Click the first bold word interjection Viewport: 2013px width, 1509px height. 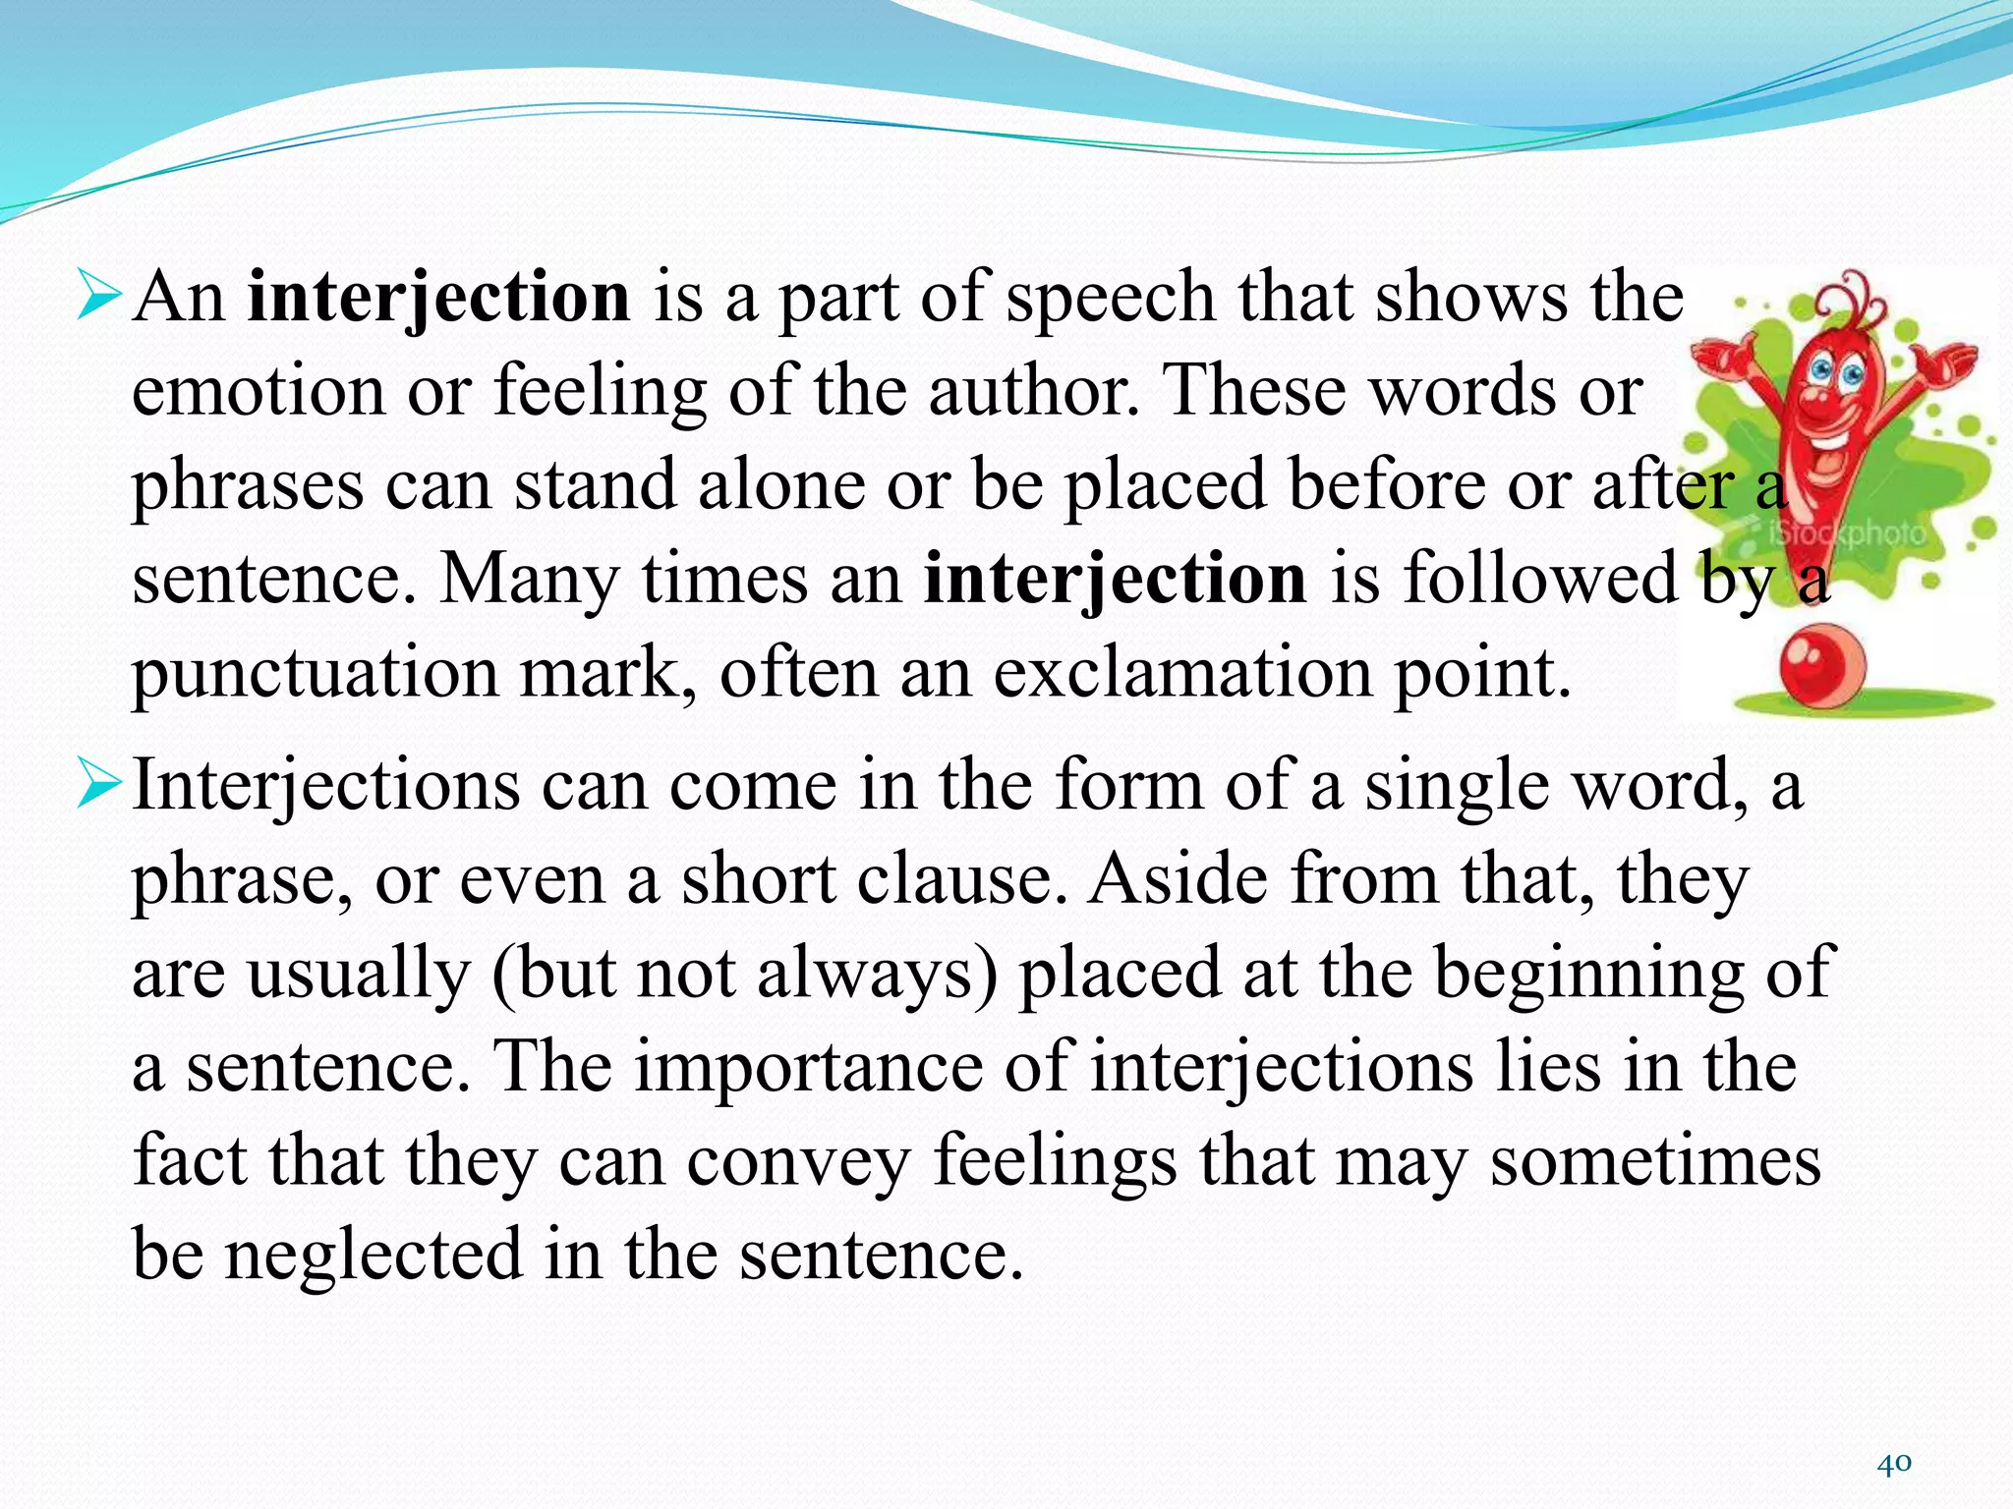pyautogui.click(x=438, y=297)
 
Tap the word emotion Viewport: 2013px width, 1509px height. pyautogui.click(x=258, y=391)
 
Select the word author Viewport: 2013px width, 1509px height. pyautogui.click(x=1028, y=391)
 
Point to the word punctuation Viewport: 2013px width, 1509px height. pyautogui.click(x=316, y=675)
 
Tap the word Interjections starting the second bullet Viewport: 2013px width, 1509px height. pyautogui.click(x=325, y=786)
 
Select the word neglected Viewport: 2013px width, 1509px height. pyautogui.click(x=374, y=1255)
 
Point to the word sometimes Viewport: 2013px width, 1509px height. pyautogui.click(x=1655, y=1161)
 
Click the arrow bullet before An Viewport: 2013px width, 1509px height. pyautogui.click(x=98, y=298)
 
